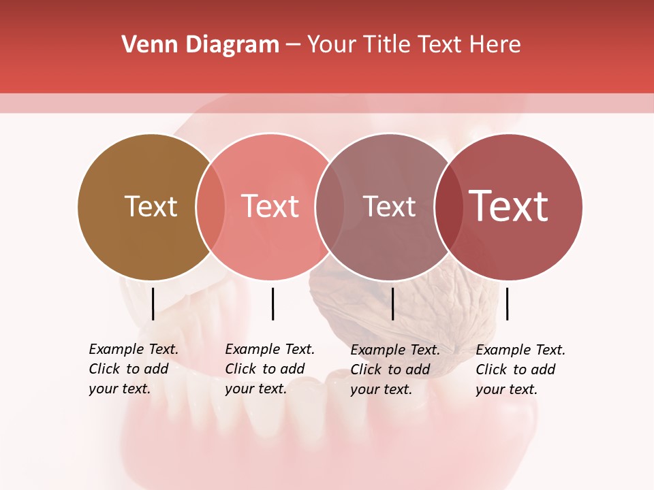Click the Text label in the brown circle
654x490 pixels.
[151, 206]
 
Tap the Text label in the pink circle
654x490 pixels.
[270, 206]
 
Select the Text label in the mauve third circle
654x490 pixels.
[389, 206]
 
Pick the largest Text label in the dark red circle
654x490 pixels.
[509, 206]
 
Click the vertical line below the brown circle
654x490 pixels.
[153, 304]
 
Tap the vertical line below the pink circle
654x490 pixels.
[272, 304]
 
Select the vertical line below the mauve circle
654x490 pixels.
[392, 304]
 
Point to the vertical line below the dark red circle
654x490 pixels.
[508, 304]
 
